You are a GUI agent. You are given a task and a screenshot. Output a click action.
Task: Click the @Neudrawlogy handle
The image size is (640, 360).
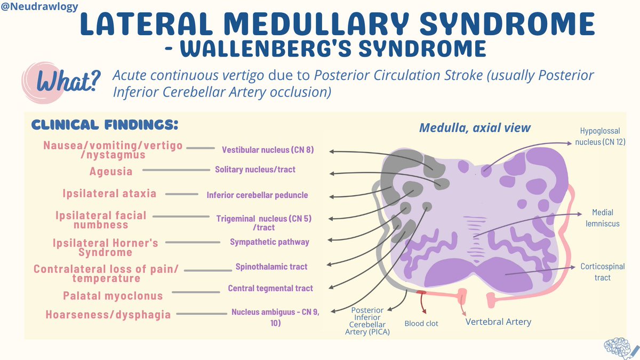(x=39, y=7)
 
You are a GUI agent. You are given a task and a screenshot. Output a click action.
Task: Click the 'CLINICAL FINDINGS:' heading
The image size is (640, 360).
(x=105, y=125)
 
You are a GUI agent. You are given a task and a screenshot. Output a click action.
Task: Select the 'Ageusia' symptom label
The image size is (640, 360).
(x=111, y=171)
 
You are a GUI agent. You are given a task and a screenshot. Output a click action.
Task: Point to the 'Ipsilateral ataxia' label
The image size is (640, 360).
(x=108, y=193)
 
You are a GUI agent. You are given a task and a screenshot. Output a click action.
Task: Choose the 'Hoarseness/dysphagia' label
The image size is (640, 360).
(x=109, y=314)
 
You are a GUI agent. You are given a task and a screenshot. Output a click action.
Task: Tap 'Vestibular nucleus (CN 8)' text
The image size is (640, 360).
(x=268, y=150)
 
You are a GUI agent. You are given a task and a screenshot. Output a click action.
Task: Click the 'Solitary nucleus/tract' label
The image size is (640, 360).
(x=255, y=170)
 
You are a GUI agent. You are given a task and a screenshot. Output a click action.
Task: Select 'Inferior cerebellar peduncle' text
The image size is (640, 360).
(x=257, y=195)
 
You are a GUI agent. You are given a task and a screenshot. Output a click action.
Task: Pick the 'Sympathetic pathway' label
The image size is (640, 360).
(x=269, y=242)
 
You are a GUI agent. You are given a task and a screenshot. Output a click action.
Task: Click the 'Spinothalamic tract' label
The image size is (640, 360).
(x=271, y=266)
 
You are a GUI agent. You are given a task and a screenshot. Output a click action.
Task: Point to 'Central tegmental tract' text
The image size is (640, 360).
(x=270, y=288)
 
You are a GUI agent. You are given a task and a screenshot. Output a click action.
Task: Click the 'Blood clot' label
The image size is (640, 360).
(x=421, y=323)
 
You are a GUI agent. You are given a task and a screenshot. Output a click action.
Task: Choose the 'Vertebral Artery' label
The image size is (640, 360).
(x=498, y=322)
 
